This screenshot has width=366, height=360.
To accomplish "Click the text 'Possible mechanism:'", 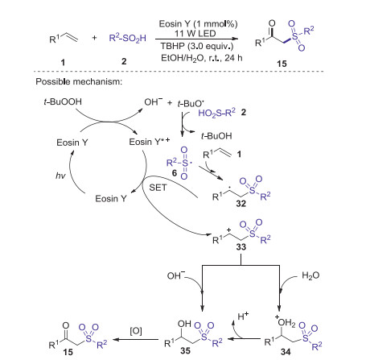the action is click(x=79, y=81).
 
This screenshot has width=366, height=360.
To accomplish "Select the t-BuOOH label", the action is click(x=63, y=101).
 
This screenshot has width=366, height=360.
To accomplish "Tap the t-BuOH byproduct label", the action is click(x=216, y=136).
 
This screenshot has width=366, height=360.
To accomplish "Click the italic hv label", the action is click(x=60, y=176).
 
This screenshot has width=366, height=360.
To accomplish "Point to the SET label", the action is click(x=158, y=188).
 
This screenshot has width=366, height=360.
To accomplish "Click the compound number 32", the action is click(x=241, y=204).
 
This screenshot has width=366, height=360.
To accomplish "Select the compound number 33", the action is click(x=241, y=246).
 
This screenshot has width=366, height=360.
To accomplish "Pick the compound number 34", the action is click(x=286, y=352).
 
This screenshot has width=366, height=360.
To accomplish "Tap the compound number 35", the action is click(x=185, y=350).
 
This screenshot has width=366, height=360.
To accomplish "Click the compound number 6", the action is click(x=175, y=172).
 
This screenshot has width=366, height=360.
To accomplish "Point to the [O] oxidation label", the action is click(x=136, y=331).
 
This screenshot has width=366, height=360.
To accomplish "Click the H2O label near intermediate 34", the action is click(x=310, y=275).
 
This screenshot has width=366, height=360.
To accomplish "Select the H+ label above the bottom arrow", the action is click(x=243, y=316).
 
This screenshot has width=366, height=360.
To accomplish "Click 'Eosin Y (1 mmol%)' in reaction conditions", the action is click(x=198, y=24).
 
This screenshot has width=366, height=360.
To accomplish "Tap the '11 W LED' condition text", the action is click(x=195, y=34).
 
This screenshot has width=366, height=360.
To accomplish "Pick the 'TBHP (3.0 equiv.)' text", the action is click(x=197, y=46).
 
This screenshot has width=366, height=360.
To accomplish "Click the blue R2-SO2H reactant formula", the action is click(x=127, y=38).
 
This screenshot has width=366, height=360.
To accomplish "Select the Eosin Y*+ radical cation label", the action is click(x=150, y=142).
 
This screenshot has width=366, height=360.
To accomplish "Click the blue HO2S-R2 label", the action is click(x=216, y=113).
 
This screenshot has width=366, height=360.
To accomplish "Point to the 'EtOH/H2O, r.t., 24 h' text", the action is click(x=202, y=58).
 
